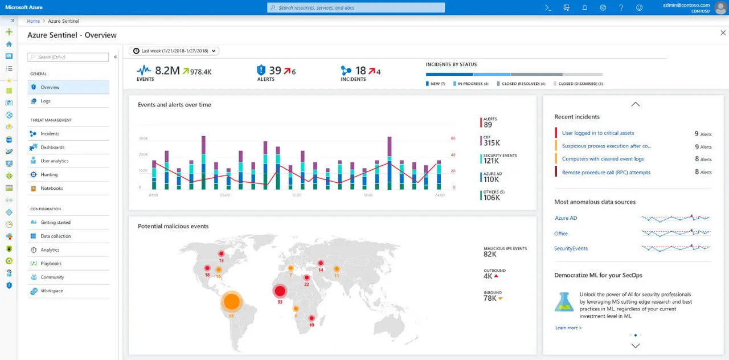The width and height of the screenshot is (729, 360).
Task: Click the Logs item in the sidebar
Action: coord(46,101)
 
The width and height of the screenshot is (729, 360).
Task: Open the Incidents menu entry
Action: coord(50,133)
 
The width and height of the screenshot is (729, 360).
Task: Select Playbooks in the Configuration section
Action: coord(51,263)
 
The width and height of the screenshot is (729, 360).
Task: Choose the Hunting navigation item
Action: coord(49,174)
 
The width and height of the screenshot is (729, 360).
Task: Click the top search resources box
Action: coord(356,7)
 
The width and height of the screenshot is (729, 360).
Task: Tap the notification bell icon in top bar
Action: coord(584,7)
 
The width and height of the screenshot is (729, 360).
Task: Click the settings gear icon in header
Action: coord(603,7)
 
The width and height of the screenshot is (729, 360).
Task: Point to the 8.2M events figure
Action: coord(167,71)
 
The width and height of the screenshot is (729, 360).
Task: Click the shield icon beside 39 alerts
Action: coord(261,70)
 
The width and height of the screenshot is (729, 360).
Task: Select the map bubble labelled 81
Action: coord(231,301)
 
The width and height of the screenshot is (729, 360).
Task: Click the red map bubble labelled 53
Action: coord(280,291)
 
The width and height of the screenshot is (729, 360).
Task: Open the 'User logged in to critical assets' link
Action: coord(597,133)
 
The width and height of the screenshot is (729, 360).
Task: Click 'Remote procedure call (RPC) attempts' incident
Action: coord(606,172)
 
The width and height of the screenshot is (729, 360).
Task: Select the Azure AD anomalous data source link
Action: coord(566,218)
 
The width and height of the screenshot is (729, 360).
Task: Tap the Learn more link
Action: coord(568,328)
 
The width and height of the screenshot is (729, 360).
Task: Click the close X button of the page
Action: coord(723,33)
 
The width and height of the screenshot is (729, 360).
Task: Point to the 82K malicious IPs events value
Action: coord(490,255)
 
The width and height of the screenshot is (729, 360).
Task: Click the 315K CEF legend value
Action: coord(492,143)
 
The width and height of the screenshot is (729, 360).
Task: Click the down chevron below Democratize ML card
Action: coord(636,346)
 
